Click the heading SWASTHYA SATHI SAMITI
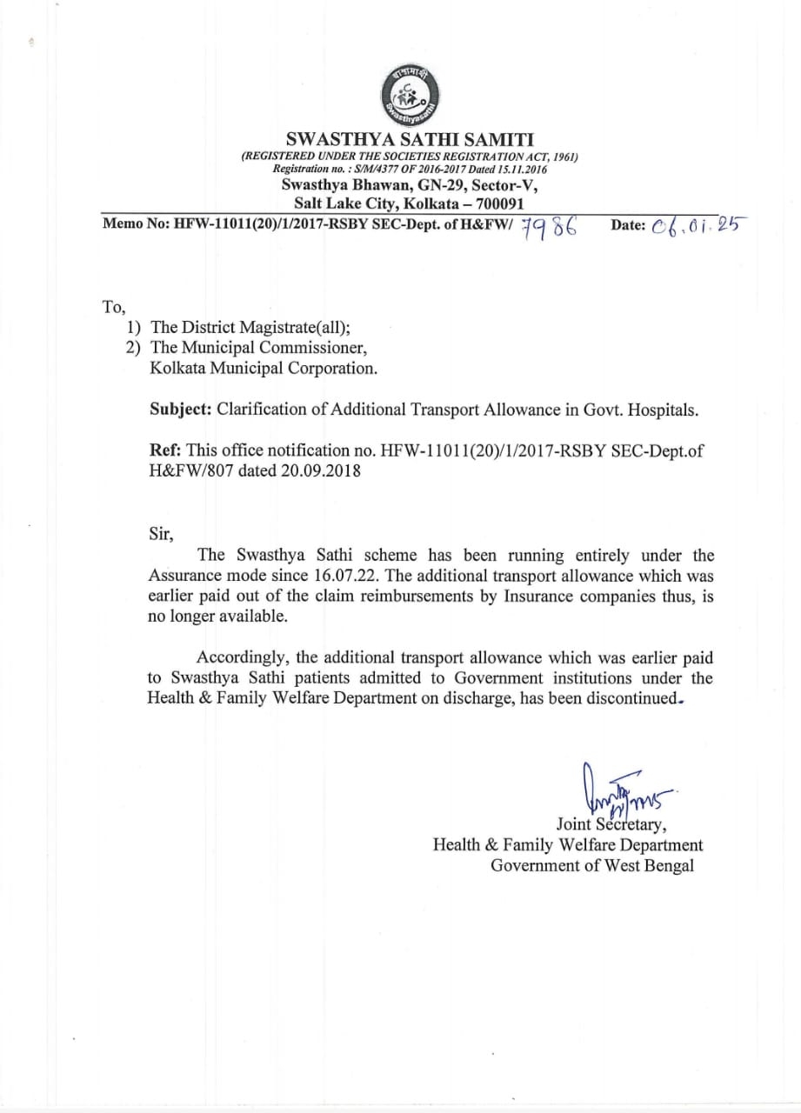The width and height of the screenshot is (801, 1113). (411, 139)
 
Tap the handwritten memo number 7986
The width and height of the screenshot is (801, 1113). (551, 227)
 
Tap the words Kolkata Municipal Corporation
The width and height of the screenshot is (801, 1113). (264, 368)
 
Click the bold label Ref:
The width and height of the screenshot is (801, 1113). (166, 450)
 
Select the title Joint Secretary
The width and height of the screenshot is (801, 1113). (611, 824)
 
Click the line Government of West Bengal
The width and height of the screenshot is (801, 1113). (592, 865)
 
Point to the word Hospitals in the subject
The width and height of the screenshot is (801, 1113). (663, 409)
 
